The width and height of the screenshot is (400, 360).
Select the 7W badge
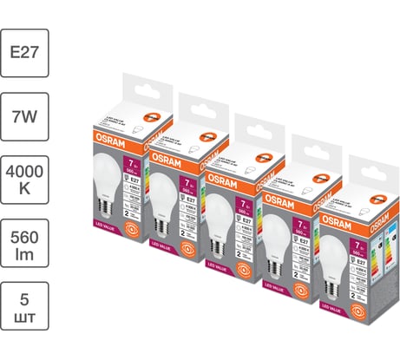[x=25, y=112]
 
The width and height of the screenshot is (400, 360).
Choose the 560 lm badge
[x=25, y=247]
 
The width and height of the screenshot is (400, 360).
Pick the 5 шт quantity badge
[x=25, y=316]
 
